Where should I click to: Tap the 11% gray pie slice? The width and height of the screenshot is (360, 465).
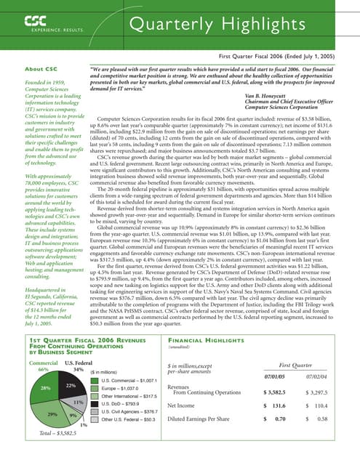[77, 401]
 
